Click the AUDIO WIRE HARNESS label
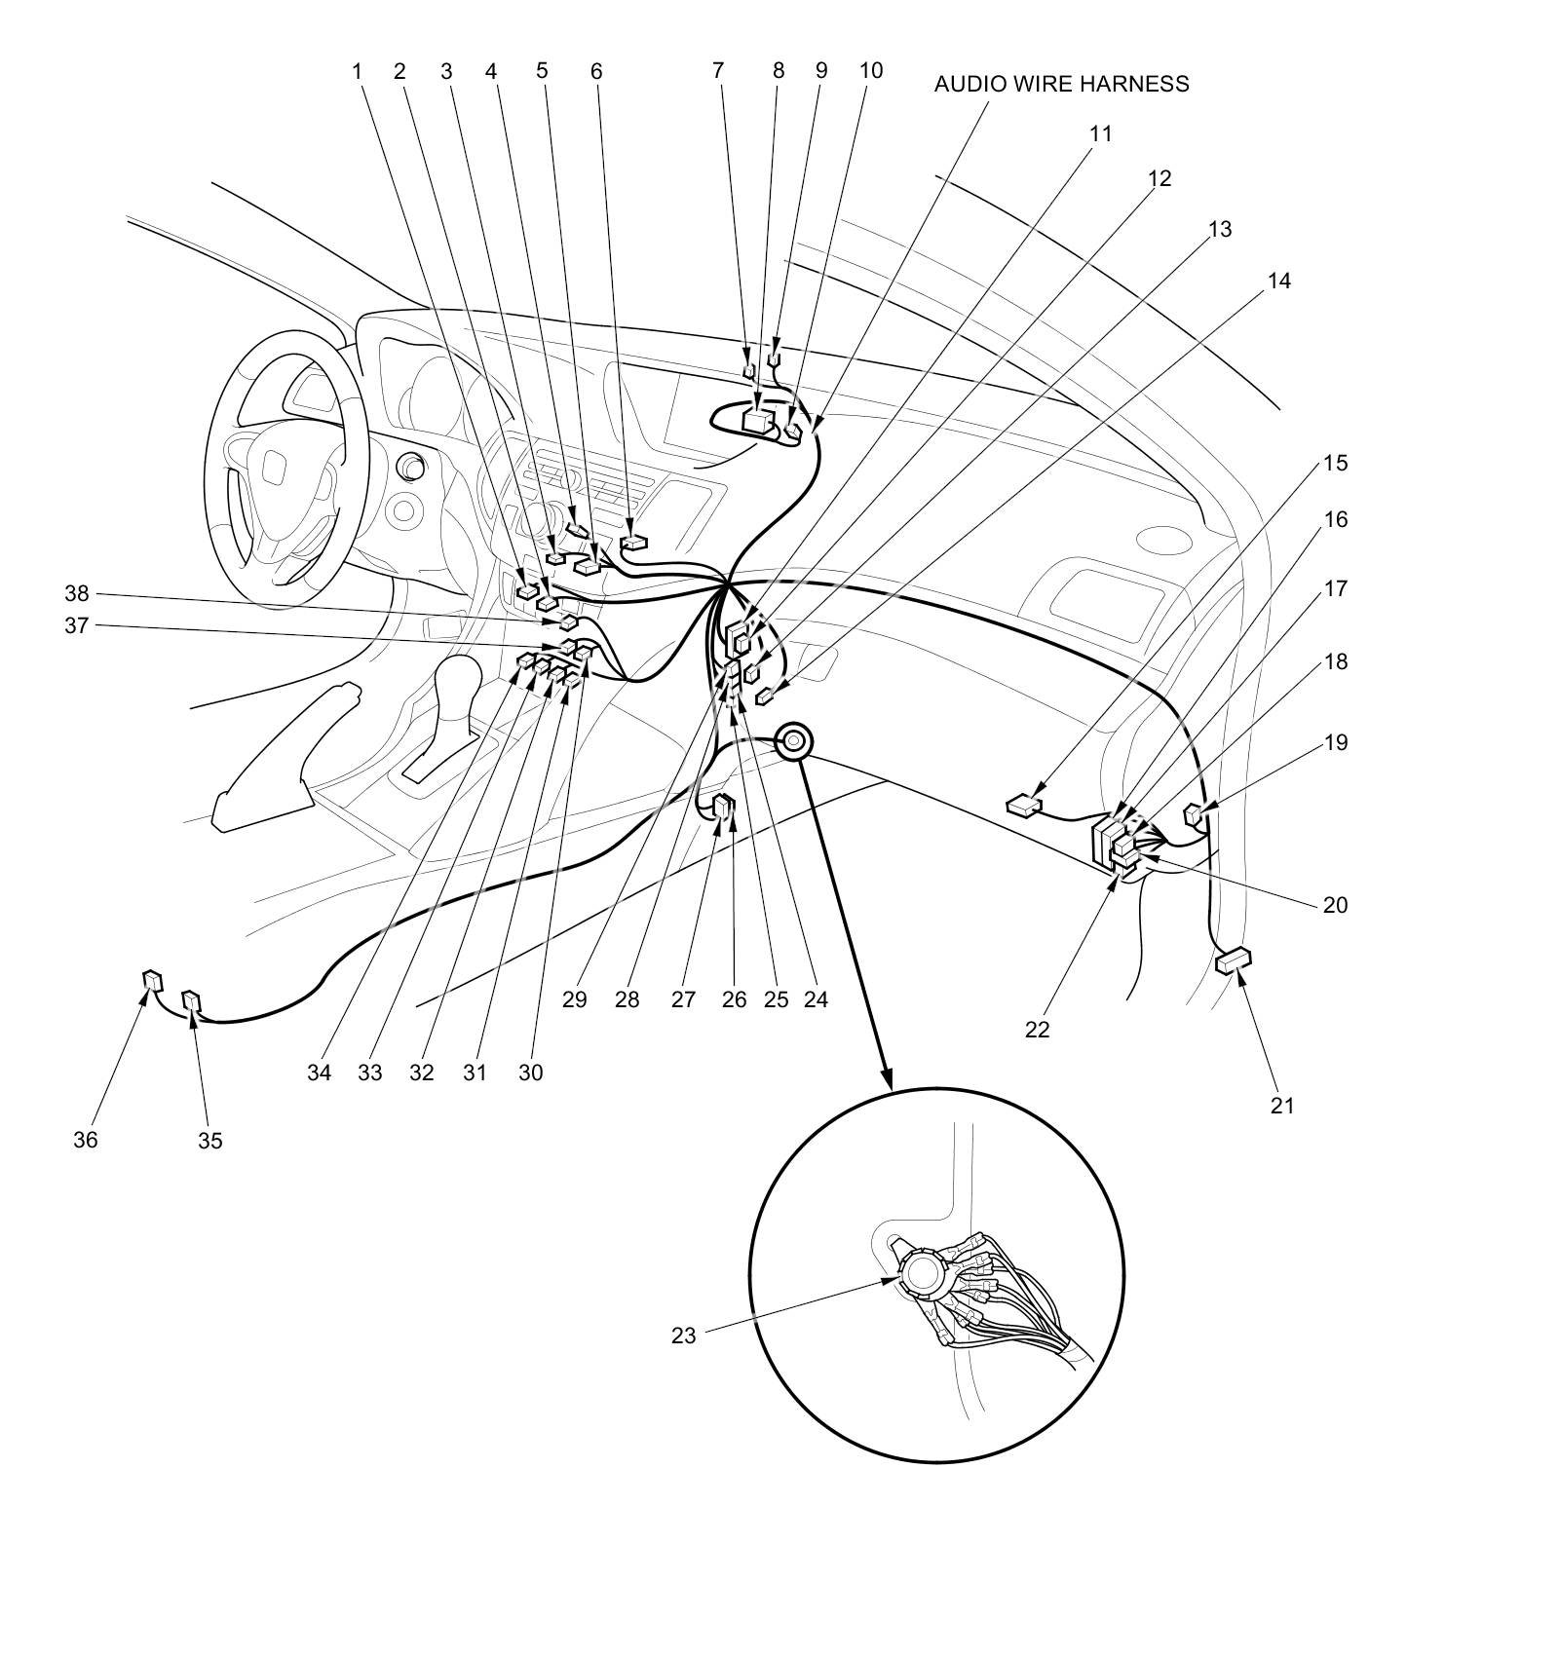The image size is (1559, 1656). pos(1061,84)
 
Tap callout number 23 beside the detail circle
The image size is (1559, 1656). pos(684,1336)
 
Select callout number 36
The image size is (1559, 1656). pos(86,1140)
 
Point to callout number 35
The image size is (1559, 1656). pos(210,1141)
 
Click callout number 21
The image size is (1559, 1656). pos(1282,1106)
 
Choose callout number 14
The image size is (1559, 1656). pos(1278,281)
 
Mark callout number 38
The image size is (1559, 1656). pos(77,593)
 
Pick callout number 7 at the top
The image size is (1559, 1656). pos(718,70)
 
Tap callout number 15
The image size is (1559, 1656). pos(1336,463)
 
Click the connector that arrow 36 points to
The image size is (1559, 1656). pos(152,979)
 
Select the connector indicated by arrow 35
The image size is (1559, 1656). pos(191,1001)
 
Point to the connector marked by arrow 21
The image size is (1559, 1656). pos(1234,961)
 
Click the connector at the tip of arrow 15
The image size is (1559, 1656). pos(1024,806)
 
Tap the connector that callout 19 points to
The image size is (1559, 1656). pos(1194,812)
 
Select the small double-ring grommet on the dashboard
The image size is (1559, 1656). pos(794,741)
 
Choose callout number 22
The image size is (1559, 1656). pos(1037,1029)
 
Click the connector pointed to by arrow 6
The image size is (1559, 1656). pos(634,543)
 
